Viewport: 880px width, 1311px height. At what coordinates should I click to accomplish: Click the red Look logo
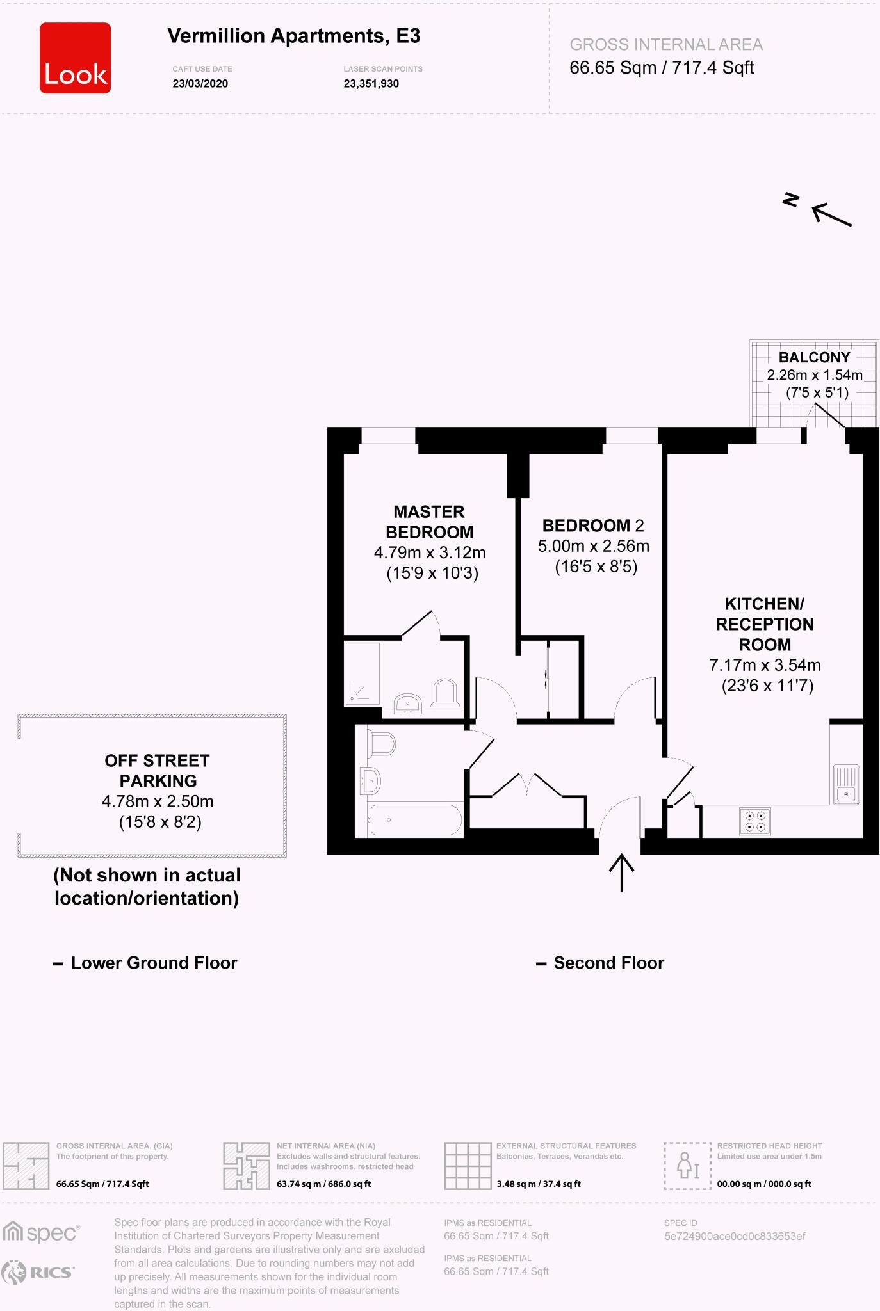(76, 58)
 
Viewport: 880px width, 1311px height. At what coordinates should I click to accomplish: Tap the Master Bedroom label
(429, 522)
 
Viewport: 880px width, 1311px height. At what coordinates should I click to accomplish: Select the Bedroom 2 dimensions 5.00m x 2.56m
(593, 546)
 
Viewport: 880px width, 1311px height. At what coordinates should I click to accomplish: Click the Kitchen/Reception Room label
(764, 624)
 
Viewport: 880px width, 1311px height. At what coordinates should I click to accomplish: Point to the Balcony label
(814, 357)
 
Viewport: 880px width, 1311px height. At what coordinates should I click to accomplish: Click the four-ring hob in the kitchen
(754, 821)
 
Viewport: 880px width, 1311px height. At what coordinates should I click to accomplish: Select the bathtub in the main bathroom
(416, 820)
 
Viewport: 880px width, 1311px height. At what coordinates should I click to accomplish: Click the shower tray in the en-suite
(363, 674)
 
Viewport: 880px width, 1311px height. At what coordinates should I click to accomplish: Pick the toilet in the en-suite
(444, 692)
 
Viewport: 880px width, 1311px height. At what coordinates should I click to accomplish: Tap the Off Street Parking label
(158, 771)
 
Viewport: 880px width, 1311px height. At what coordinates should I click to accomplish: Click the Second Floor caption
(608, 963)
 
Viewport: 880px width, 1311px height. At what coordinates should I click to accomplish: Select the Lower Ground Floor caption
(153, 963)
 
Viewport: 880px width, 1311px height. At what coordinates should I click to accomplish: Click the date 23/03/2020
(200, 84)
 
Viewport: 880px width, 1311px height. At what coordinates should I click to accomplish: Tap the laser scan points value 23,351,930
(371, 84)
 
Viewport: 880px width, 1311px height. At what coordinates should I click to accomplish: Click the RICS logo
(38, 1273)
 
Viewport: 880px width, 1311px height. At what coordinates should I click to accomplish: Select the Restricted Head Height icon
(688, 1166)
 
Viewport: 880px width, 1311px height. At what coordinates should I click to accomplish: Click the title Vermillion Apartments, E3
(293, 36)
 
